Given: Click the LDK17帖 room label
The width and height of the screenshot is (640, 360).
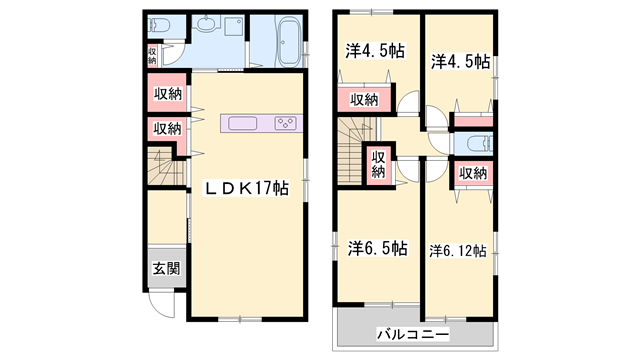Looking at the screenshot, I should [247, 188].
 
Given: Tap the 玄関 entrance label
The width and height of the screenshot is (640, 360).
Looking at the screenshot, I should [166, 267].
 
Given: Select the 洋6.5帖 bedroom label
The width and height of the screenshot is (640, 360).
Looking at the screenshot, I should [377, 246].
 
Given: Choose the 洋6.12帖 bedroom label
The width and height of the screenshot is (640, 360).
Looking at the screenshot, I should [459, 250].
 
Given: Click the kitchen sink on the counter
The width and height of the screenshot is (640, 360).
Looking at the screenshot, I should [243, 124].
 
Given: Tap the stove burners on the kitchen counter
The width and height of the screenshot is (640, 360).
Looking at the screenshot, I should [284, 124].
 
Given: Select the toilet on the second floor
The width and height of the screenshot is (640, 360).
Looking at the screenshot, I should [473, 141].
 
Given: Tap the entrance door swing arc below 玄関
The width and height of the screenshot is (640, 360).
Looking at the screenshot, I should [161, 303].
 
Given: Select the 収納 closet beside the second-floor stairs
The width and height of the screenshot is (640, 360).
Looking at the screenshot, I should [379, 164].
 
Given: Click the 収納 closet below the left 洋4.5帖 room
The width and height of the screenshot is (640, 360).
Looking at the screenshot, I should [365, 99].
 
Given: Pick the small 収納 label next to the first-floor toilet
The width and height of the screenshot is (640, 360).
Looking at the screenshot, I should [152, 56].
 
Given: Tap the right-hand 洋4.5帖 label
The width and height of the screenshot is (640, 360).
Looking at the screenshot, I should [461, 61].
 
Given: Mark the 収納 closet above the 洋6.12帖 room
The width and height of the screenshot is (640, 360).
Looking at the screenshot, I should [473, 172].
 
